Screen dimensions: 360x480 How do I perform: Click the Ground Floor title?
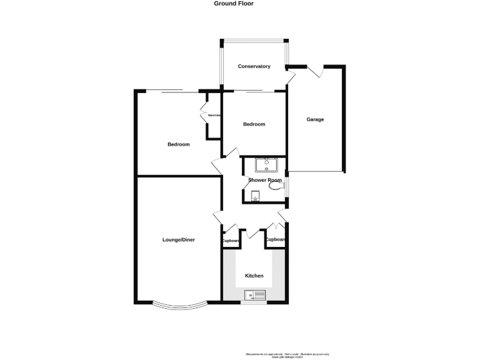(239, 3)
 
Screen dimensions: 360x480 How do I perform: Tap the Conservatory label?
(254, 66)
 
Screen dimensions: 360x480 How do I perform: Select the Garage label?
(315, 119)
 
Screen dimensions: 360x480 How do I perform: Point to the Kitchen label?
(254, 276)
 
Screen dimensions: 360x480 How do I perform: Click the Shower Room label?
(261, 181)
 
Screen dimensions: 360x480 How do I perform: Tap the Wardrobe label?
(215, 116)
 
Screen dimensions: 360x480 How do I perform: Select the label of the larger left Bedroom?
(178, 144)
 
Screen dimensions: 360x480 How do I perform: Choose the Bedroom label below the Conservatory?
(254, 124)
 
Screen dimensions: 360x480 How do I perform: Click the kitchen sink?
(255, 295)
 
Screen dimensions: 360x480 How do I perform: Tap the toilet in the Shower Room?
(274, 184)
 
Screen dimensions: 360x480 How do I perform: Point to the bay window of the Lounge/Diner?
(179, 306)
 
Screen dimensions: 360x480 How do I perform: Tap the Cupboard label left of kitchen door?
(231, 241)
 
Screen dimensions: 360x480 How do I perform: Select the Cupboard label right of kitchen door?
(276, 239)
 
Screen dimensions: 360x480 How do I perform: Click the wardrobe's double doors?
(203, 114)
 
